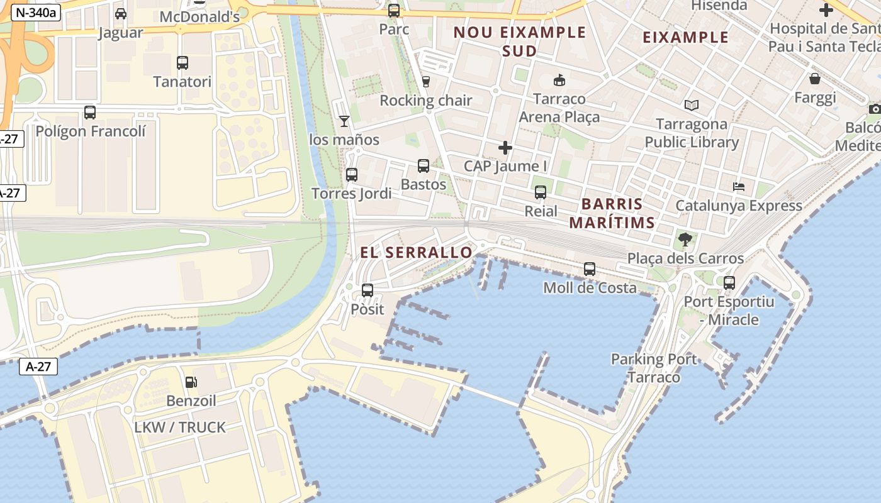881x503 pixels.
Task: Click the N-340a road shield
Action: click(35, 12)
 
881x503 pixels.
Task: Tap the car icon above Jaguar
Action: click(121, 14)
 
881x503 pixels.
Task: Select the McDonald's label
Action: click(199, 17)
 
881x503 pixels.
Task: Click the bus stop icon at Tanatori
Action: click(182, 63)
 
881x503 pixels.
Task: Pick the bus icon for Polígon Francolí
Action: click(90, 113)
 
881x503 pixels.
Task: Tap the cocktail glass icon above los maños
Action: click(344, 121)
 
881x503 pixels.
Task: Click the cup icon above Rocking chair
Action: click(426, 82)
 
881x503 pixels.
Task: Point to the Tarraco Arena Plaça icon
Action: click(559, 80)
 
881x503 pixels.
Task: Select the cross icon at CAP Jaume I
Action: click(505, 148)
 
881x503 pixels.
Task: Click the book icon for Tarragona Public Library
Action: click(692, 105)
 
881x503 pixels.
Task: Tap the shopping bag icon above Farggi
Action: click(815, 79)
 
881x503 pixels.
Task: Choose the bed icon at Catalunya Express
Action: click(739, 187)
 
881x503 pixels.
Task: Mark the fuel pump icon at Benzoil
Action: click(191, 382)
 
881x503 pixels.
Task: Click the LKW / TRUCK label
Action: click(180, 428)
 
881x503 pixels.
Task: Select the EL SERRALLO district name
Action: click(416, 253)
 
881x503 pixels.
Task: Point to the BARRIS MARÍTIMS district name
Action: click(612, 213)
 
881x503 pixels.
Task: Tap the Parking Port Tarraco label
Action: click(654, 368)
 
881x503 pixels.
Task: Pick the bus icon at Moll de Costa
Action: click(590, 269)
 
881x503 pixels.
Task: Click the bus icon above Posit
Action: click(368, 290)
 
